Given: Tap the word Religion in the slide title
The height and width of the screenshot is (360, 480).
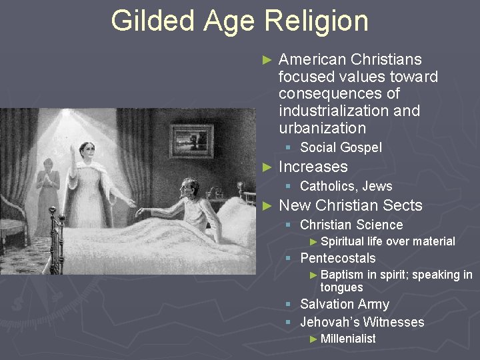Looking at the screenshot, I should [x=316, y=21].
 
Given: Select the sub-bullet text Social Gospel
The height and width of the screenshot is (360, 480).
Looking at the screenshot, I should [x=341, y=147].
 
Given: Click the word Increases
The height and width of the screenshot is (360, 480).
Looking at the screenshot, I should [x=313, y=167].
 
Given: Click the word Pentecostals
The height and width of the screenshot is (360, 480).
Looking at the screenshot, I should [x=338, y=258].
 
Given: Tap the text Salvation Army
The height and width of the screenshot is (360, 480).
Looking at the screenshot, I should [x=345, y=304].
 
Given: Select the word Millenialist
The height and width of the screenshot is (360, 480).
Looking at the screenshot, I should [x=348, y=339].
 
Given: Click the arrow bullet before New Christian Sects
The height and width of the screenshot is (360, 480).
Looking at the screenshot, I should [x=267, y=206].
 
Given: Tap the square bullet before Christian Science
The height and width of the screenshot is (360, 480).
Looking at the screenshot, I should [x=288, y=225].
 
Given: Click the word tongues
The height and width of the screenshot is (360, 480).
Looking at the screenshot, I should [x=341, y=287].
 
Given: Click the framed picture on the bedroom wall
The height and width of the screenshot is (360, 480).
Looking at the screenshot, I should [x=191, y=138].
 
